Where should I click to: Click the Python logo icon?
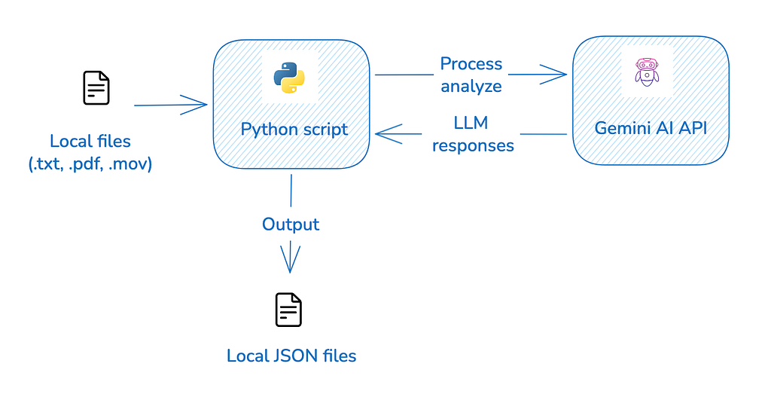tap(289, 78)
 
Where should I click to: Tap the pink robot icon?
tap(647, 72)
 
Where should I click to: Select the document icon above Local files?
tap(96, 88)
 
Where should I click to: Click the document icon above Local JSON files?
tap(288, 310)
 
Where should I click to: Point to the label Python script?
tap(294, 130)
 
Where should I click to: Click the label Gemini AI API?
tap(651, 128)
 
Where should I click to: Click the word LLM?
tap(471, 123)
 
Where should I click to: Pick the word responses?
tap(473, 145)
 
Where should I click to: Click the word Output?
tap(291, 224)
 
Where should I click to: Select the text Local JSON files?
tap(291, 356)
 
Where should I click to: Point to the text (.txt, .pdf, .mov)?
tap(90, 163)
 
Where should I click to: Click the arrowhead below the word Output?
tap(290, 258)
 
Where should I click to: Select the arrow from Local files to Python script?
tap(171, 104)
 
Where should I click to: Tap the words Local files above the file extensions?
tap(90, 141)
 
